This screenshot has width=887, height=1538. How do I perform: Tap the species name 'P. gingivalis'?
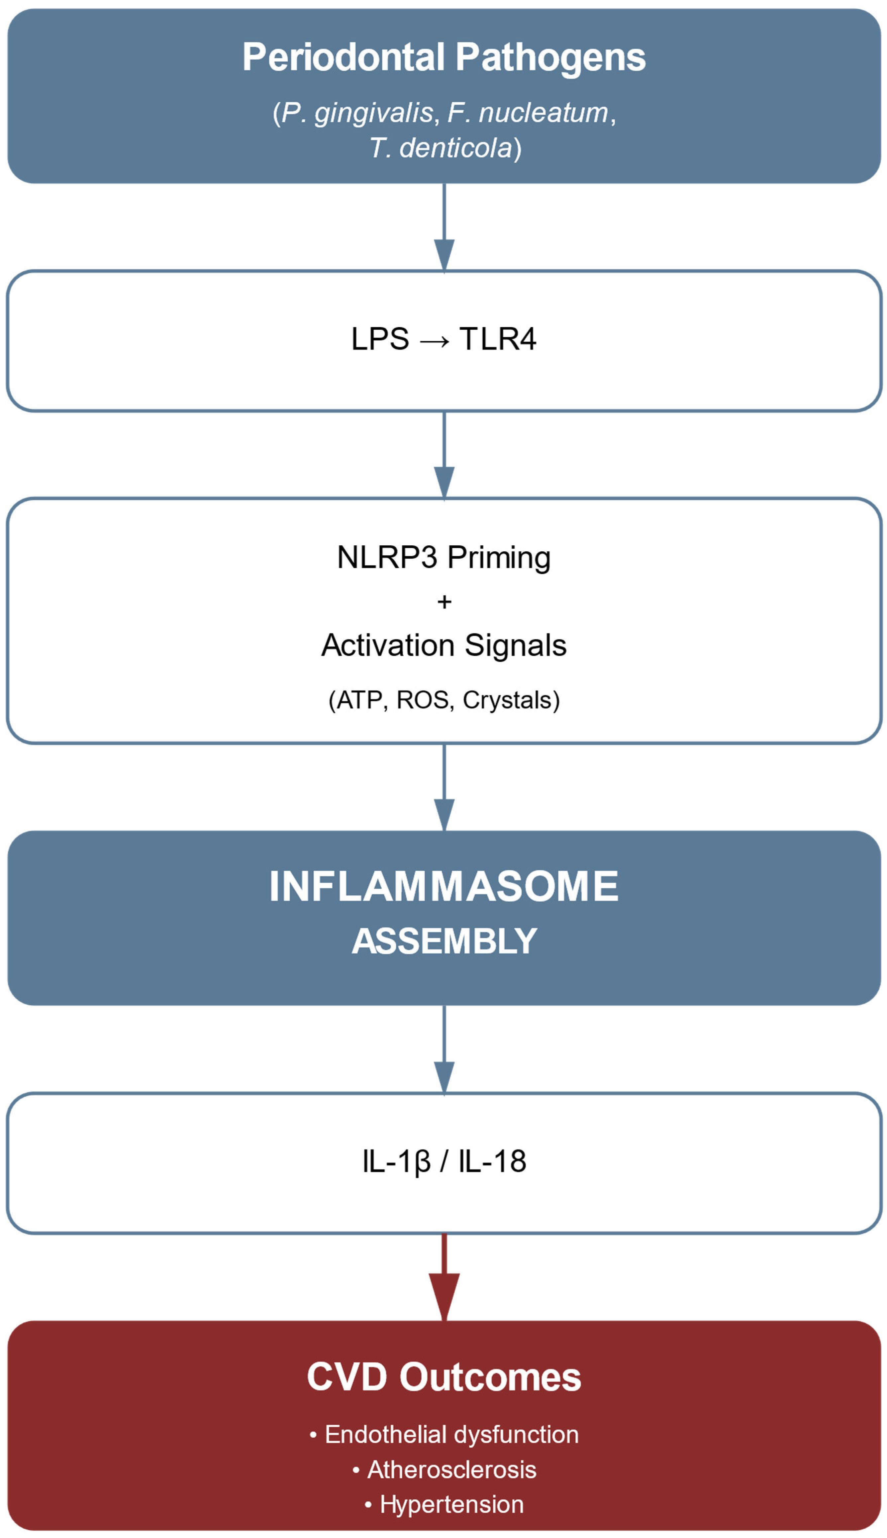[357, 113]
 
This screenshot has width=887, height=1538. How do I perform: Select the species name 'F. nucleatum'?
[528, 113]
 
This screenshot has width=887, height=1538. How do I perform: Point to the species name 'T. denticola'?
[441, 148]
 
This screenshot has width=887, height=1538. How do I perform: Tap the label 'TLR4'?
[498, 339]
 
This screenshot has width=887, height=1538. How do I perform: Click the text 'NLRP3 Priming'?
[443, 557]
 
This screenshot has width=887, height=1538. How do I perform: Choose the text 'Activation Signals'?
[443, 645]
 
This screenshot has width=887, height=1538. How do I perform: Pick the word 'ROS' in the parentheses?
[422, 700]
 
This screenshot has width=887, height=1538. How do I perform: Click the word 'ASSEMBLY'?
[444, 941]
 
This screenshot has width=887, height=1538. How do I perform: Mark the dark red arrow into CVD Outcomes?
[444, 1276]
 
